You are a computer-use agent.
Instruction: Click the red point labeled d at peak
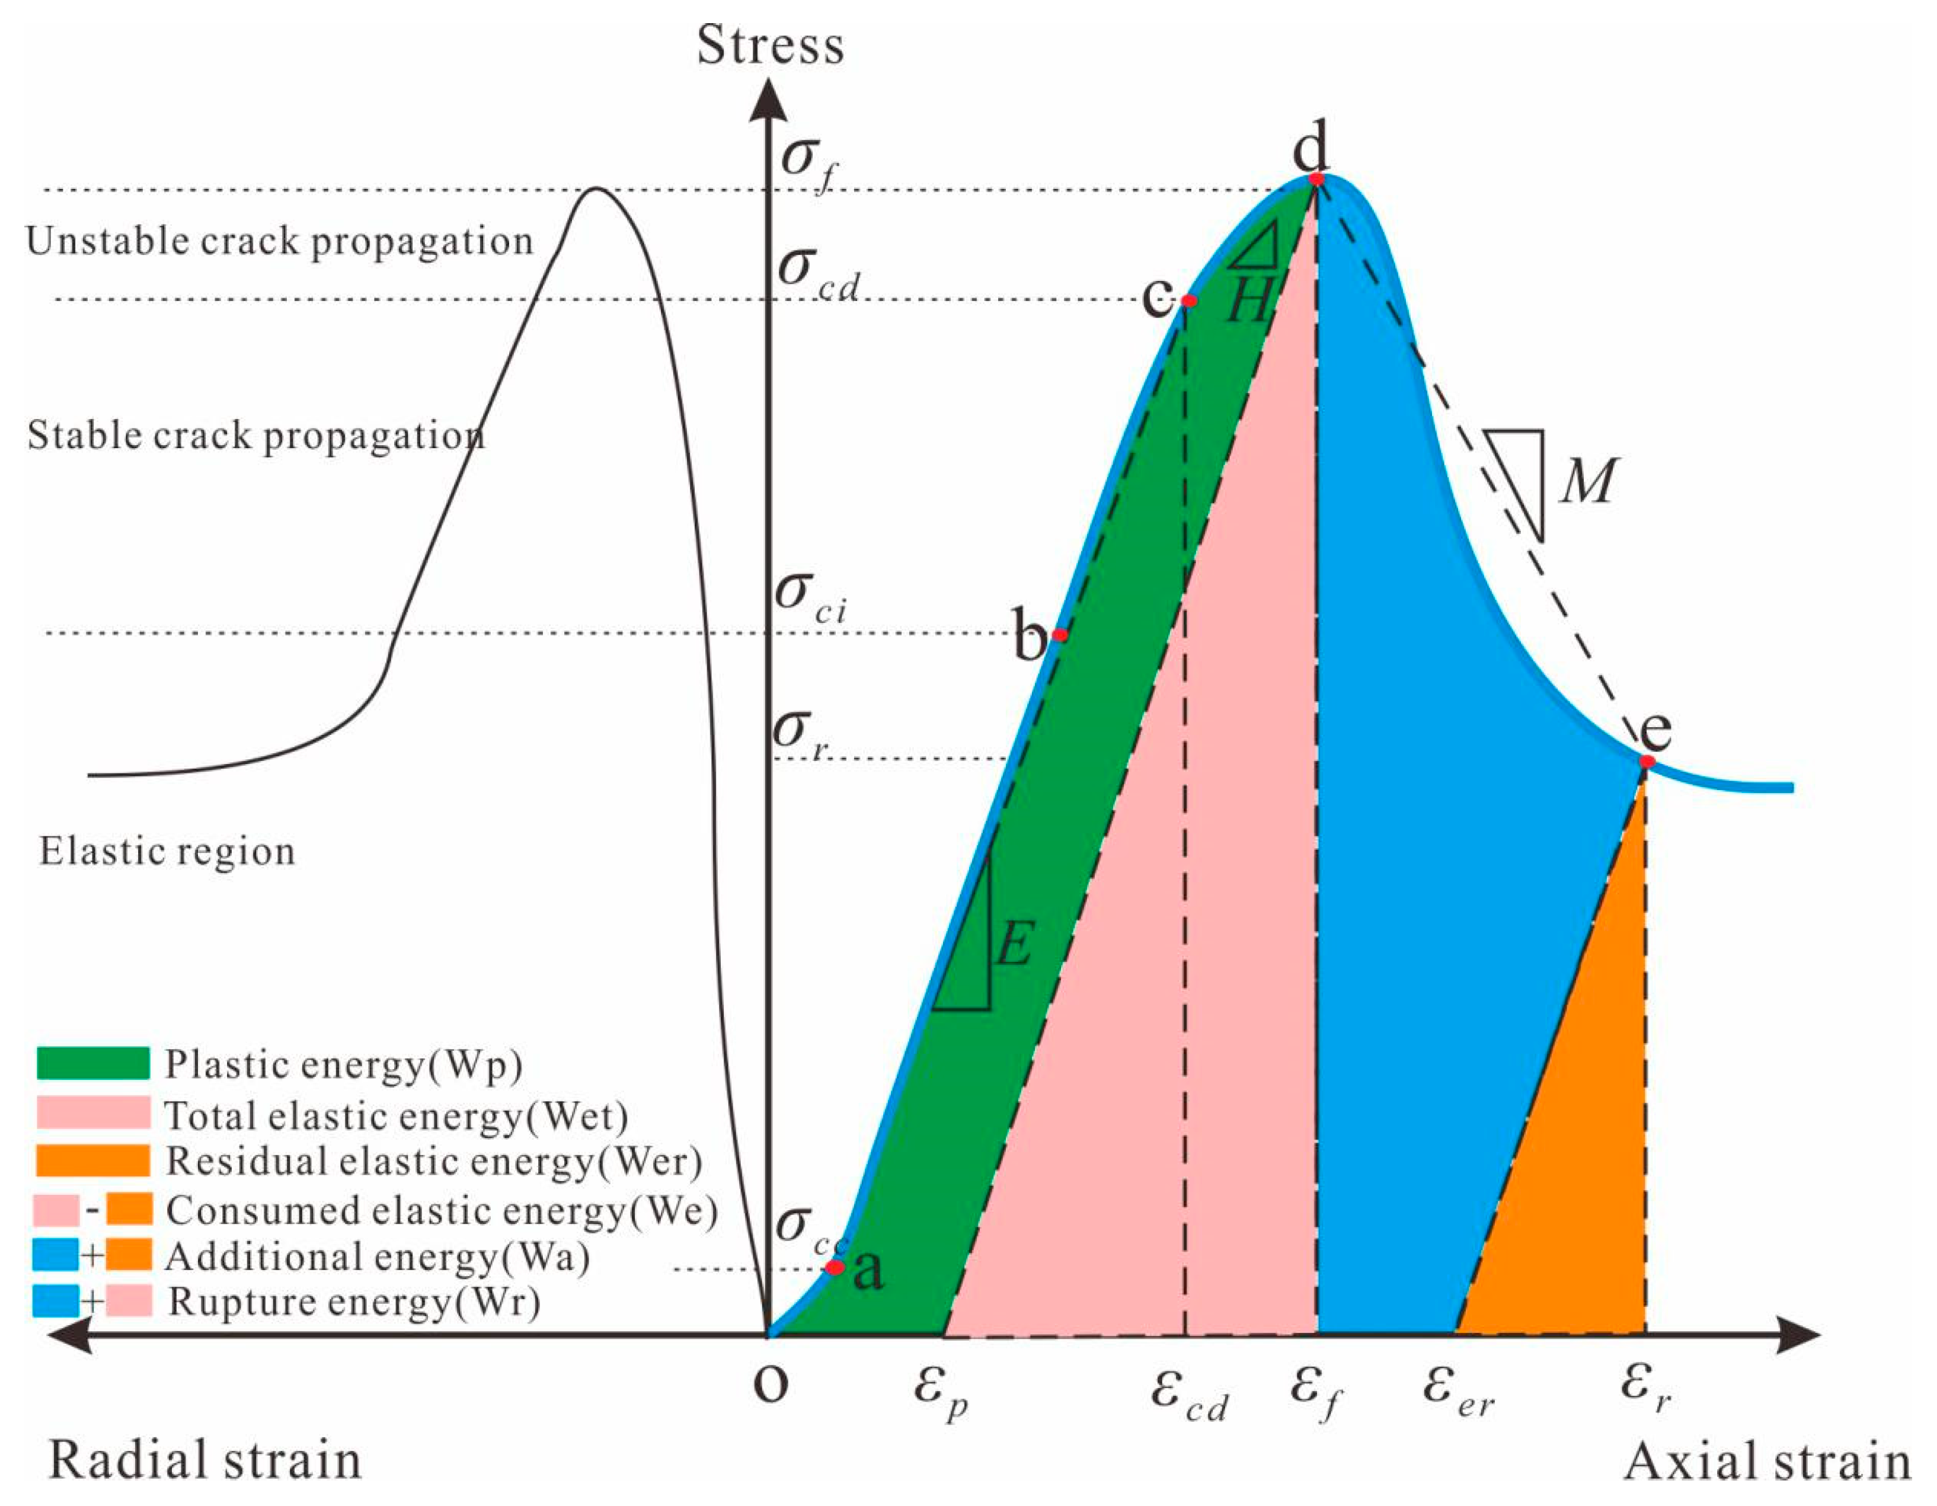click(x=1317, y=178)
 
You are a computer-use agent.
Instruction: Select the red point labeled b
click(x=1059, y=635)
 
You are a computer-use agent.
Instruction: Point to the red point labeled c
click(x=1190, y=300)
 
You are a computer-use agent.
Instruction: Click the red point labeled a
click(x=835, y=1267)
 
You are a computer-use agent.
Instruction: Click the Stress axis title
click(x=770, y=46)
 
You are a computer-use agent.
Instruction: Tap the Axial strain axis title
click(x=1767, y=1461)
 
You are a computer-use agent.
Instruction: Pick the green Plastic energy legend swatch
click(x=93, y=1063)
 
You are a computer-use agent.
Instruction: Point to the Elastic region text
click(x=167, y=852)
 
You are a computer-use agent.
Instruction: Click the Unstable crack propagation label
click(x=279, y=241)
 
